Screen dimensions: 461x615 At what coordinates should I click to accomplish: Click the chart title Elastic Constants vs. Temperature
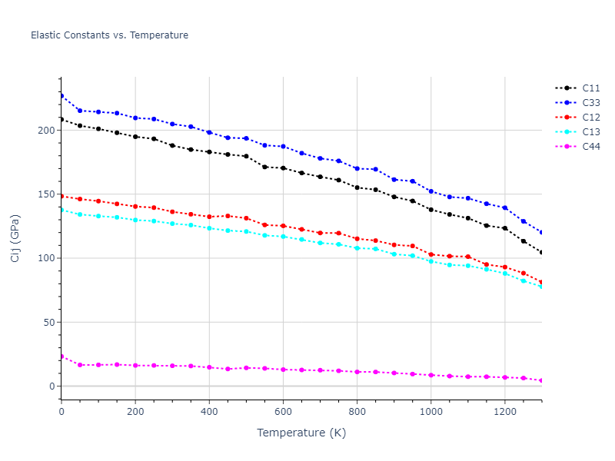109,35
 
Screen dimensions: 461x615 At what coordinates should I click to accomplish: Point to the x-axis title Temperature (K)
301,433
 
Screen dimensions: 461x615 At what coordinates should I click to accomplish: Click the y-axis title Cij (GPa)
15,238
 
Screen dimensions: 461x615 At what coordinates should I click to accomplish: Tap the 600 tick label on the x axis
283,412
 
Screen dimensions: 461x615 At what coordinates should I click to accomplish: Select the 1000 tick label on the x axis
430,412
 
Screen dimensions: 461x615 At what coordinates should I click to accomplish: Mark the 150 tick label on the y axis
46,194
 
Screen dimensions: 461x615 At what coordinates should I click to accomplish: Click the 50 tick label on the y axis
49,323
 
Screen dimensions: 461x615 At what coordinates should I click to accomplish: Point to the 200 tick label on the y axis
46,131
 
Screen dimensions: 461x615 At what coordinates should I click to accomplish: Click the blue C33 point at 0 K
61,96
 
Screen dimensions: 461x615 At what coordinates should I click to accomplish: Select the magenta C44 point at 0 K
61,357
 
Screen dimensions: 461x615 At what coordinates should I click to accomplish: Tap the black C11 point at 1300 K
541,253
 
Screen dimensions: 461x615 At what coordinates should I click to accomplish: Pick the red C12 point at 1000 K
430,254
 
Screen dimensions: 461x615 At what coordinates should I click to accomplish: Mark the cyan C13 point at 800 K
357,248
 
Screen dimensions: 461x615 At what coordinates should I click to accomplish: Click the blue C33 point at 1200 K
504,208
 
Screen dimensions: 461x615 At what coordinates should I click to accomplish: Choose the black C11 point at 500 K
246,157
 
